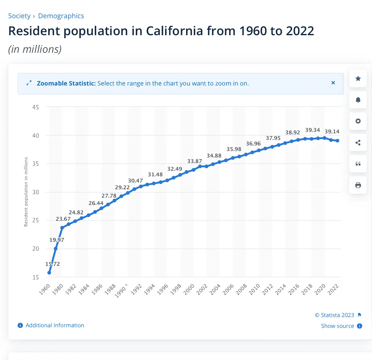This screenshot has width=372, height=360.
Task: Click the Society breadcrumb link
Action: click(x=19, y=16)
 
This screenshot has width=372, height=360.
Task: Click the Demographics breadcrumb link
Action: click(x=61, y=16)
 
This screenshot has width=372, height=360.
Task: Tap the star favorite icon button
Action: click(x=358, y=79)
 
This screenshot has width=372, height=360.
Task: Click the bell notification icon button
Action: click(x=358, y=100)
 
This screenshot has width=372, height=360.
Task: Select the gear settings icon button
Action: click(x=358, y=121)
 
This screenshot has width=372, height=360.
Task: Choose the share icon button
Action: click(x=358, y=143)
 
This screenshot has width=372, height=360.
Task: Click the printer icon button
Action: click(x=358, y=185)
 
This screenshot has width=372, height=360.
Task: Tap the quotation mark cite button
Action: click(x=358, y=164)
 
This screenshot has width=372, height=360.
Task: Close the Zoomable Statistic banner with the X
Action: click(x=333, y=83)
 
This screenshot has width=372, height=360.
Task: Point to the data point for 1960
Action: click(x=49, y=273)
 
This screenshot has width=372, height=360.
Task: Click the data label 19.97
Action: click(x=57, y=240)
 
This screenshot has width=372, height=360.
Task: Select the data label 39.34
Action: click(x=312, y=130)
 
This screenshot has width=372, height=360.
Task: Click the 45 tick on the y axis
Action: click(x=35, y=107)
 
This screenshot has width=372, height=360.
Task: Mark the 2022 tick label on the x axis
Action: click(x=333, y=290)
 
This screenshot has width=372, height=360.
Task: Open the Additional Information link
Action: click(x=55, y=325)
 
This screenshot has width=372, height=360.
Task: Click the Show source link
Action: click(x=337, y=326)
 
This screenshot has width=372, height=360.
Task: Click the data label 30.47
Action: click(x=135, y=181)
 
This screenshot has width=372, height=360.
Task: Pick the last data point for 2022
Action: click(x=338, y=141)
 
